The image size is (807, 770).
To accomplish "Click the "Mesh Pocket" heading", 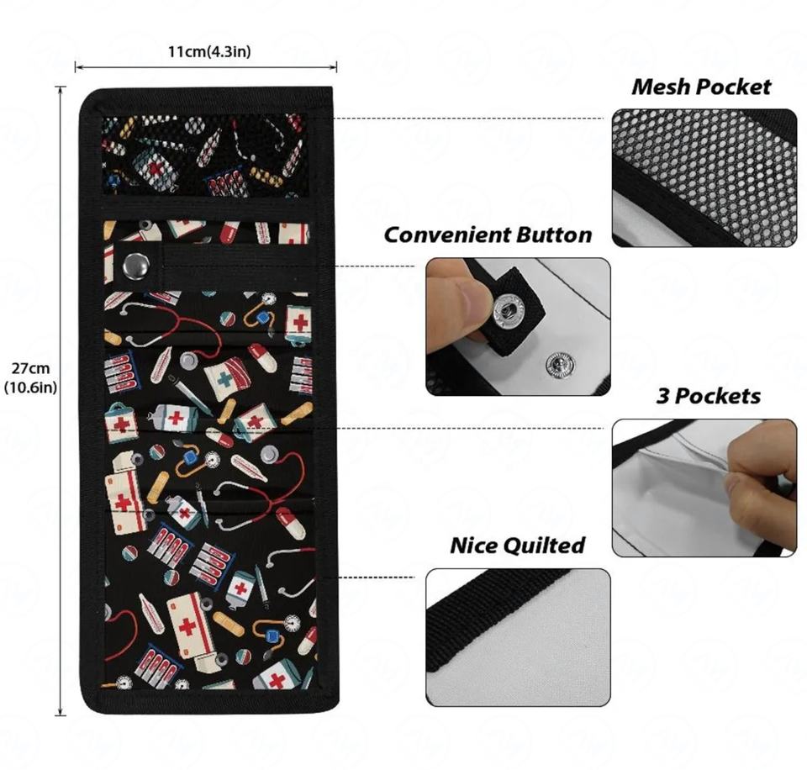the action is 701,87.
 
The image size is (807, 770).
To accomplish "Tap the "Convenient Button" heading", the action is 488,235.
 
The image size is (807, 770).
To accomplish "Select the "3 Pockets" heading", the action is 708,395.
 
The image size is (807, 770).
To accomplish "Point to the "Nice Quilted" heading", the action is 517,546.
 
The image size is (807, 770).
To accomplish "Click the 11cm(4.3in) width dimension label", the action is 208,51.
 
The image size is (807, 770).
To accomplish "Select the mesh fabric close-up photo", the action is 704,177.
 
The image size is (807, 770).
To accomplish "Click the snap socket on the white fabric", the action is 559,364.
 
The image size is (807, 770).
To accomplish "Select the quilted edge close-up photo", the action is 518,636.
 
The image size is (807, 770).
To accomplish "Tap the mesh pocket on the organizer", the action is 204,155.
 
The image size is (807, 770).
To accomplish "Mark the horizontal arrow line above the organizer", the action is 206,68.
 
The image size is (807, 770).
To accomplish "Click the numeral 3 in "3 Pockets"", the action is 662,395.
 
